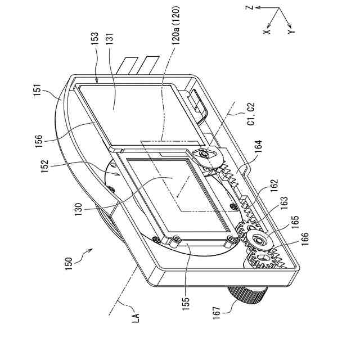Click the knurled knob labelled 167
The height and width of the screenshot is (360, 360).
(247, 292)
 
